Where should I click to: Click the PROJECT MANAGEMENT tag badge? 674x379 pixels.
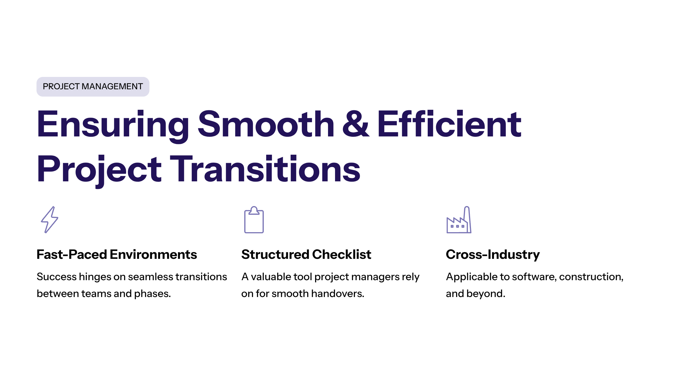[x=93, y=86]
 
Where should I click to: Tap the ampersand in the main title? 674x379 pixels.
[x=356, y=124]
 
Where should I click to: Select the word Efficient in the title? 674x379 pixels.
[x=449, y=124]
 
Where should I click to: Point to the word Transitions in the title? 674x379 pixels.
[x=265, y=169]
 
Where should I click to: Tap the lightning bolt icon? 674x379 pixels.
[x=50, y=220]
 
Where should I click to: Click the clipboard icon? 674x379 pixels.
[x=254, y=220]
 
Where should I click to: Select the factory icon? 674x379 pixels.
[x=459, y=220]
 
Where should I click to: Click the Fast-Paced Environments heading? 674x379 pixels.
[x=117, y=254]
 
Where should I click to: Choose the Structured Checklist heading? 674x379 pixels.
[x=306, y=254]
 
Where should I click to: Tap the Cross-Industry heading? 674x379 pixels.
[x=493, y=254]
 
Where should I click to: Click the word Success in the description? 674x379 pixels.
[x=56, y=277]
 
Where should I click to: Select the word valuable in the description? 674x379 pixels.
[x=271, y=277]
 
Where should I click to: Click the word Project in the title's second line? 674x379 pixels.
[x=99, y=169]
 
